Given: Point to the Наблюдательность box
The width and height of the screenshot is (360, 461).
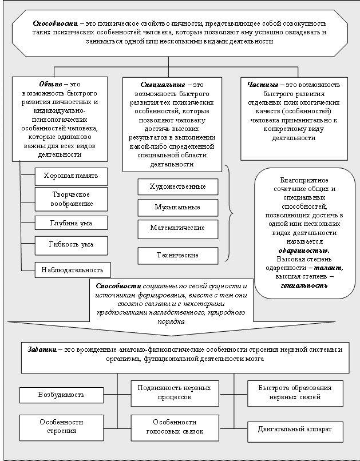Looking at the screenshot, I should coord(72,269).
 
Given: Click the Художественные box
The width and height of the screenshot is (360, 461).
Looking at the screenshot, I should coord(177,187).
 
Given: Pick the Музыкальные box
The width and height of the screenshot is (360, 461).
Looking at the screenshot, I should coord(177,207).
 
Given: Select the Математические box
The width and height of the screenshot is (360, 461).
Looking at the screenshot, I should coord(177,228).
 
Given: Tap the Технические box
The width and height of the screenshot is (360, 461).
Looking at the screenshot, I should coord(177,255).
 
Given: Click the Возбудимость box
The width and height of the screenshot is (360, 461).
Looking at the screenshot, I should coord(61,395).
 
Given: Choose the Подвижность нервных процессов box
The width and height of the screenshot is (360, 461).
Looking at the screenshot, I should coord(175,392).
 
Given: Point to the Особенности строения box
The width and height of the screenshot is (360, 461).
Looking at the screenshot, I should coord(61,427).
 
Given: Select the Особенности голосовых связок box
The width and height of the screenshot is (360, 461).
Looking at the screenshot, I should coord(175,427).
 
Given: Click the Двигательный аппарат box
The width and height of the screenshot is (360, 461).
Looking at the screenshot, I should coord(295,428).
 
